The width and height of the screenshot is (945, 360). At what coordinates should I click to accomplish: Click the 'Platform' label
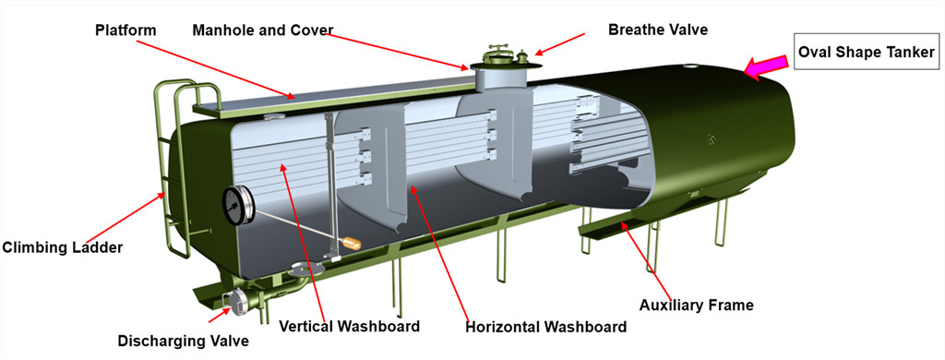(126, 30)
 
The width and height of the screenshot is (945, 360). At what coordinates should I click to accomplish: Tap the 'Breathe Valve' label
(657, 30)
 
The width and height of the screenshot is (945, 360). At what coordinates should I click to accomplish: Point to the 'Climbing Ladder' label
(62, 246)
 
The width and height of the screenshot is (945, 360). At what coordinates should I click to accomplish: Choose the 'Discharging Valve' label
(183, 341)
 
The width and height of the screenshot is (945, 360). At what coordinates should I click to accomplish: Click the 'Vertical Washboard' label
(349, 326)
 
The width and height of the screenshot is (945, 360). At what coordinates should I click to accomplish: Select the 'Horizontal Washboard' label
(544, 326)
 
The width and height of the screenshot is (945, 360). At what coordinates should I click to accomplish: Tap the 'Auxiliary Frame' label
(697, 304)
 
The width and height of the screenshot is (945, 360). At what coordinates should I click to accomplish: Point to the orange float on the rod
(352, 244)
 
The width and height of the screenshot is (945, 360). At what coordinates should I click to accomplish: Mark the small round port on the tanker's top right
(691, 66)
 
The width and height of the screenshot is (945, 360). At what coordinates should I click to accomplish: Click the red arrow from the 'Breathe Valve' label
(560, 44)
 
